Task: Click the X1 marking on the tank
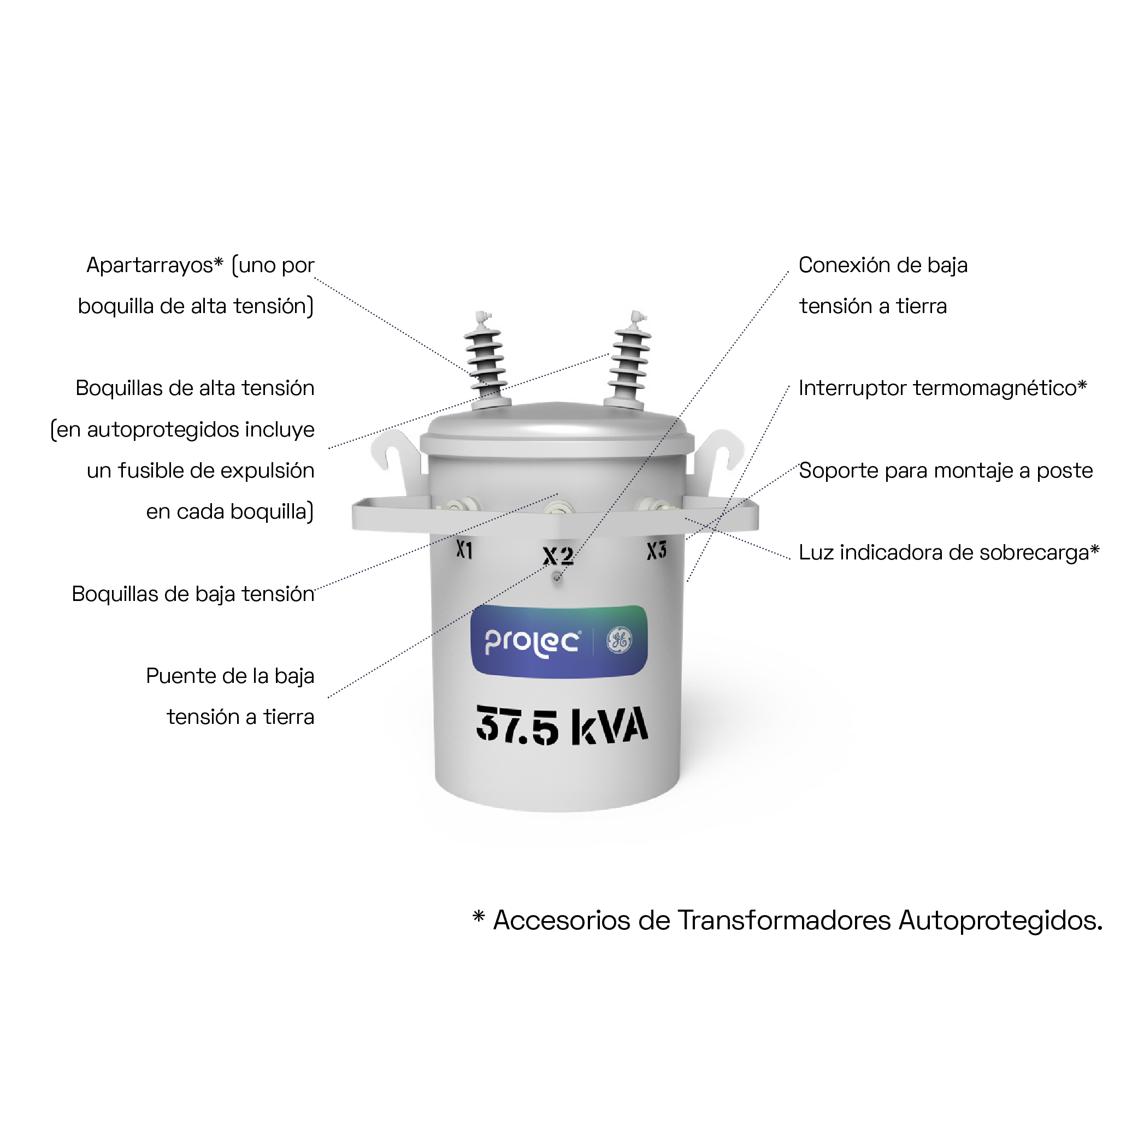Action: pyautogui.click(x=464, y=550)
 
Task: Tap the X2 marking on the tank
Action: pyautogui.click(x=558, y=556)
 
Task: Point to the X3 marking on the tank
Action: pyautogui.click(x=656, y=551)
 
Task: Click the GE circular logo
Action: pyautogui.click(x=620, y=640)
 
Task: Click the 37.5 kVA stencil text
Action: pyautogui.click(x=562, y=725)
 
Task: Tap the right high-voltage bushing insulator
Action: pyautogui.click(x=630, y=359)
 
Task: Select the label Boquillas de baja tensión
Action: pyautogui.click(x=193, y=594)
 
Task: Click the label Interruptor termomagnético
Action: pyautogui.click(x=942, y=387)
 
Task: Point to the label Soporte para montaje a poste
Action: pyautogui.click(x=945, y=470)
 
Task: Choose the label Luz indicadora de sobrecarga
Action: pyautogui.click(x=949, y=552)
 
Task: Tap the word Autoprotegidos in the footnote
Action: pyautogui.click(x=1000, y=921)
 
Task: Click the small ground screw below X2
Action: pyautogui.click(x=557, y=577)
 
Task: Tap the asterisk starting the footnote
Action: pyautogui.click(x=478, y=916)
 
